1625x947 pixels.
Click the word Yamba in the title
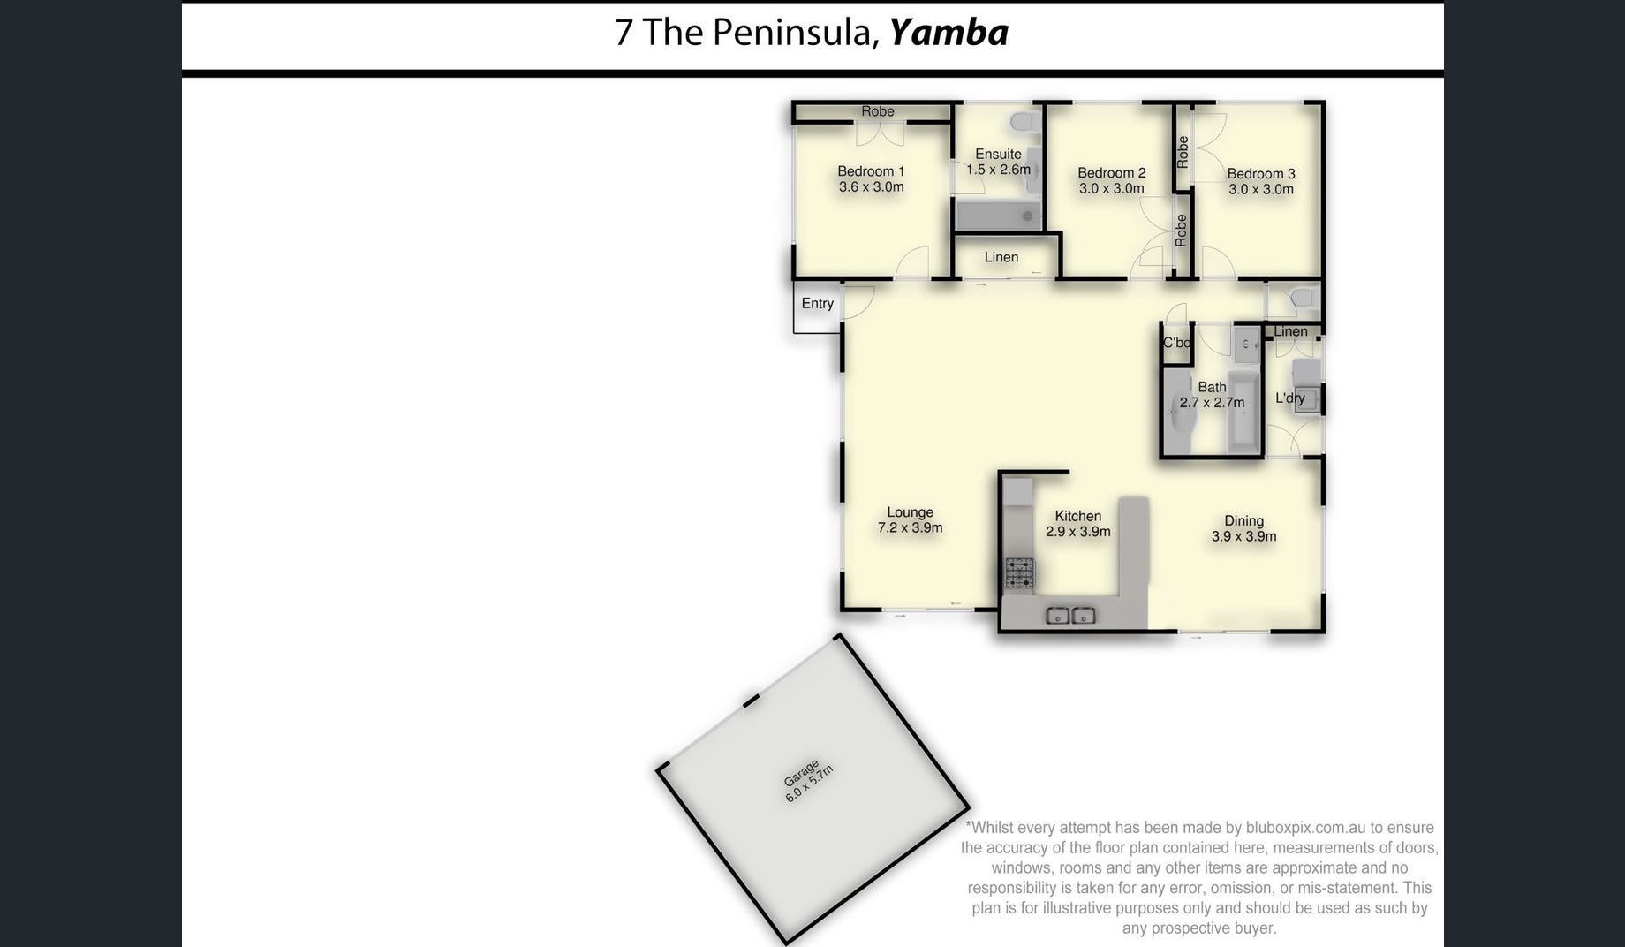click(x=949, y=33)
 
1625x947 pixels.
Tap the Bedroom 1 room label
click(x=871, y=171)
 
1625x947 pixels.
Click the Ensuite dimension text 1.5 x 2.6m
click(x=998, y=170)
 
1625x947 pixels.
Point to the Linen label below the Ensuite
click(x=1001, y=257)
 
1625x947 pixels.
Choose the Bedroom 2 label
click(x=1112, y=173)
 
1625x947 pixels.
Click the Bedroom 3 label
click(x=1261, y=174)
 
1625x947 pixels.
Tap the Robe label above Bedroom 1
click(x=878, y=111)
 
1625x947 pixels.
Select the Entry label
click(x=818, y=304)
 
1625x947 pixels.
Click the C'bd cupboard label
click(x=1176, y=343)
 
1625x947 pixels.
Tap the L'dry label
click(x=1290, y=398)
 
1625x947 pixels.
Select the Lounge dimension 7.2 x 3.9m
click(x=910, y=528)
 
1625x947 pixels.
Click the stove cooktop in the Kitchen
click(x=1019, y=574)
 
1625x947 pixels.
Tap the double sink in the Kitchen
click(x=1070, y=616)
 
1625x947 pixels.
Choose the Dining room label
click(x=1243, y=521)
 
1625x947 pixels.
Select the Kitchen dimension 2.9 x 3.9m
click(x=1078, y=532)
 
